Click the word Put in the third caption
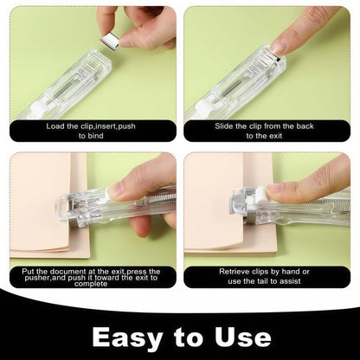click(29, 271)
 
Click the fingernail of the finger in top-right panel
click(280, 47)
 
